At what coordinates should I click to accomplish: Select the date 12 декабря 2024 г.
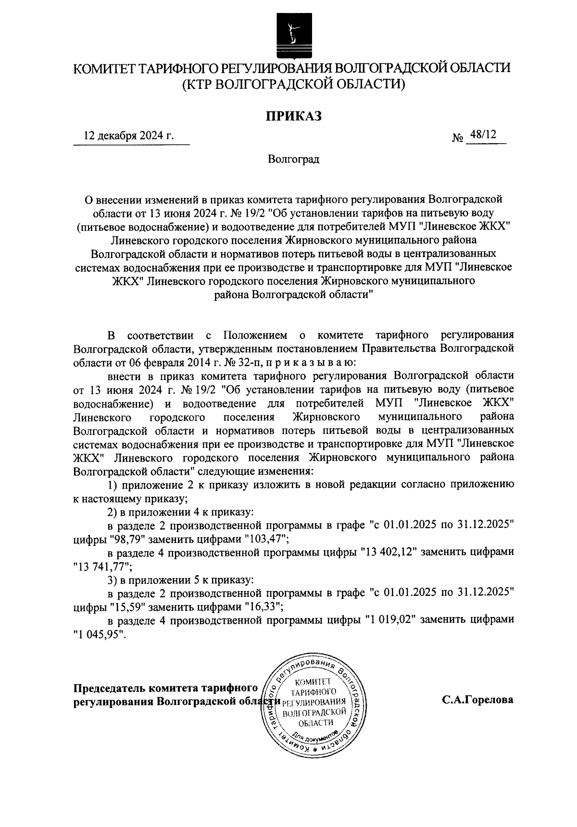(x=128, y=136)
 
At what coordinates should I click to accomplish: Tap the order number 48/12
(x=483, y=136)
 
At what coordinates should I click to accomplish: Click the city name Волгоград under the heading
(x=293, y=159)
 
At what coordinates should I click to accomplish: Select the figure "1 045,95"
(x=99, y=634)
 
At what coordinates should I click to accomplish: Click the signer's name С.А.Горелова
(x=478, y=700)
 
